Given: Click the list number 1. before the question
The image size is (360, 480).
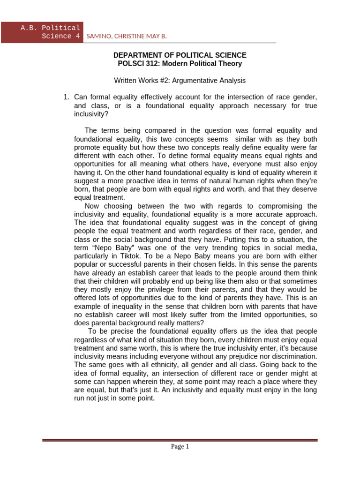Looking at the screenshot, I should click(66, 97).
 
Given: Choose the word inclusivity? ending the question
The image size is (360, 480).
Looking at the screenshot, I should click(91, 114).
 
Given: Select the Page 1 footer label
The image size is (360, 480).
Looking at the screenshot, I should click(180, 447).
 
